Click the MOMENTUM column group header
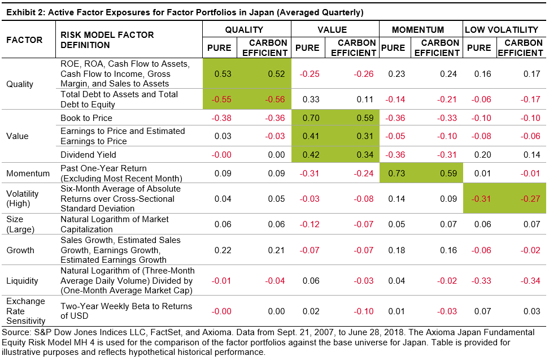(418, 30)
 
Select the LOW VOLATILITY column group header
(502, 30)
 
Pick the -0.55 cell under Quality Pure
(219, 99)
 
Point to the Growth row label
(20, 250)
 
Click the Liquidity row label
(22, 280)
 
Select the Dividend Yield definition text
(88, 154)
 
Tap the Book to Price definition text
(86, 118)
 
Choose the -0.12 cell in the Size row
(307, 224)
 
